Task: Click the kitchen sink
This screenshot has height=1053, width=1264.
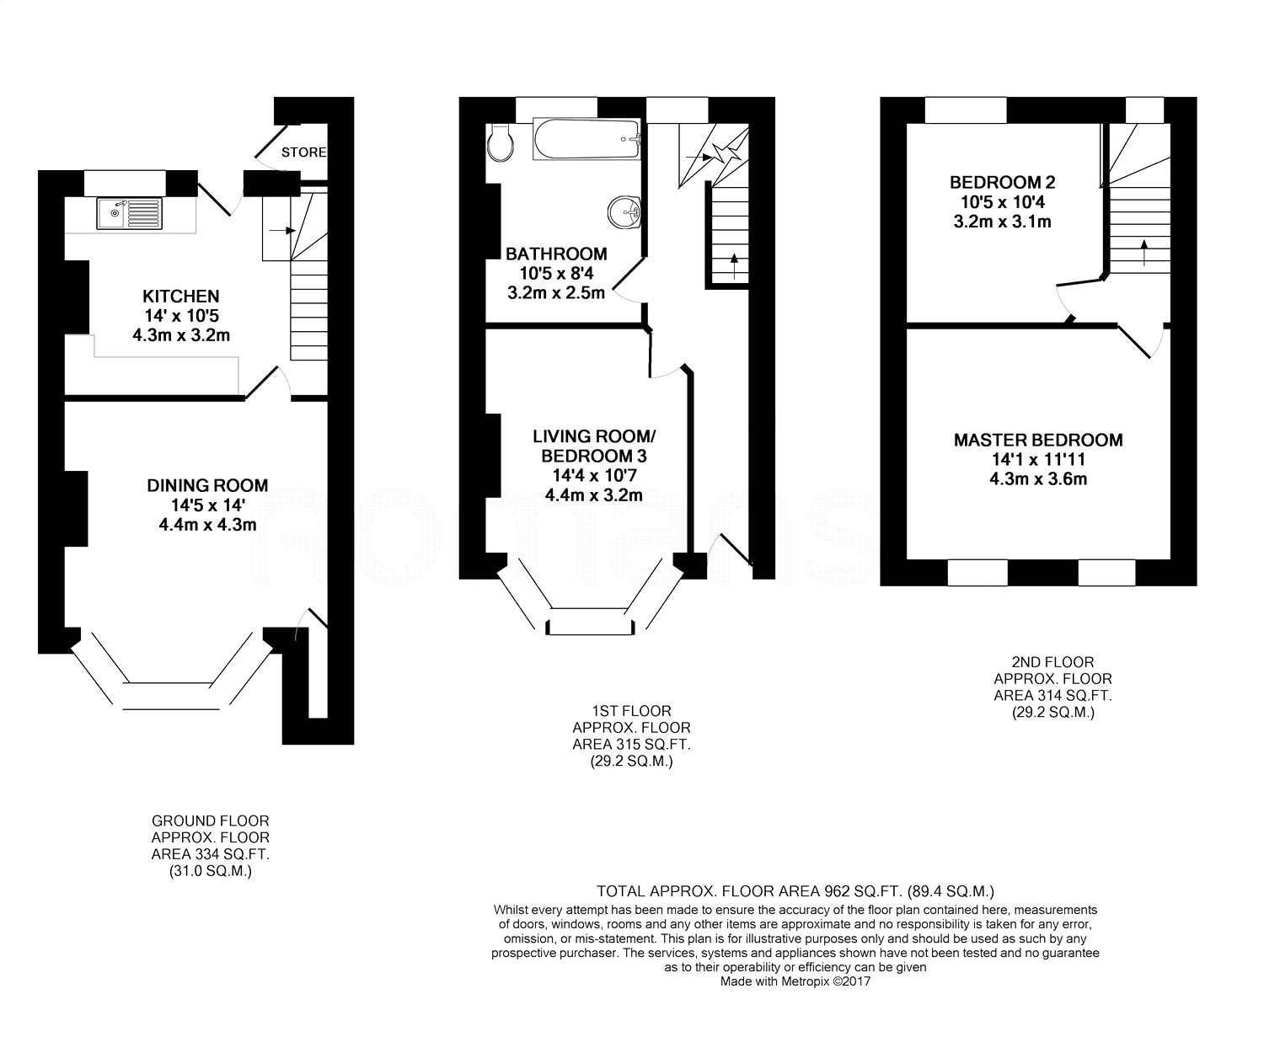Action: point(129,214)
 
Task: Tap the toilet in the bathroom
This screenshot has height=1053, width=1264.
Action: point(500,143)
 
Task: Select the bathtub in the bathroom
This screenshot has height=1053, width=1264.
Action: point(586,139)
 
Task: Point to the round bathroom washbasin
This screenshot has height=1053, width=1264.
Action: point(624,212)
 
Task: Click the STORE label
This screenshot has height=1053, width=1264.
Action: point(303,152)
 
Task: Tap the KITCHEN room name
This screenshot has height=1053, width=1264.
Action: point(181,296)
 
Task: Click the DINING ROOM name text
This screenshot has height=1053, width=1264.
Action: point(207,485)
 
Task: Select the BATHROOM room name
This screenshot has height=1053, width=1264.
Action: point(556,254)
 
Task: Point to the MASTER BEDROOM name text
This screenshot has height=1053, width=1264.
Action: point(1038,440)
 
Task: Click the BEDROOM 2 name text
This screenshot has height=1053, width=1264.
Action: point(1003,182)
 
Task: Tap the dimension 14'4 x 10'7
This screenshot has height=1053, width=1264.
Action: point(594,475)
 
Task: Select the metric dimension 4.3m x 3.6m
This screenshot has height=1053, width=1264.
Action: point(1038,478)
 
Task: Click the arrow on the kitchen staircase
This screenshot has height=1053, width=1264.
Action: point(282,231)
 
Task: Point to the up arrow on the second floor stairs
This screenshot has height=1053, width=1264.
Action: point(1143,253)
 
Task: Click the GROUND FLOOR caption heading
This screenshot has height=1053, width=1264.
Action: point(210,820)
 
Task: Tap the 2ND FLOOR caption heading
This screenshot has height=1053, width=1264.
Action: point(1052,662)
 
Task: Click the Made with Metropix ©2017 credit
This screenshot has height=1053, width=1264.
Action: point(795,981)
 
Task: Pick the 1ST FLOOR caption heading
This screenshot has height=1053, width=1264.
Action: point(631,710)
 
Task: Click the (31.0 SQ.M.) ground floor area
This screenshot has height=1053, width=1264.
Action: point(210,871)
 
